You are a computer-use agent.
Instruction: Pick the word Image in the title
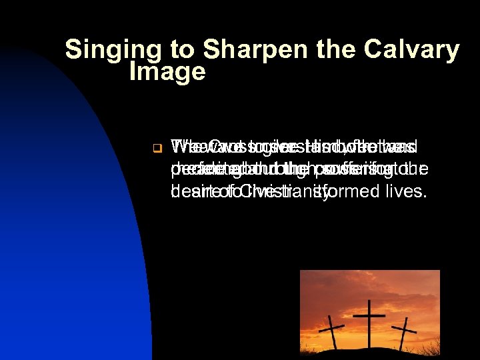167,72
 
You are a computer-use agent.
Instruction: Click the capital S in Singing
74,50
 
